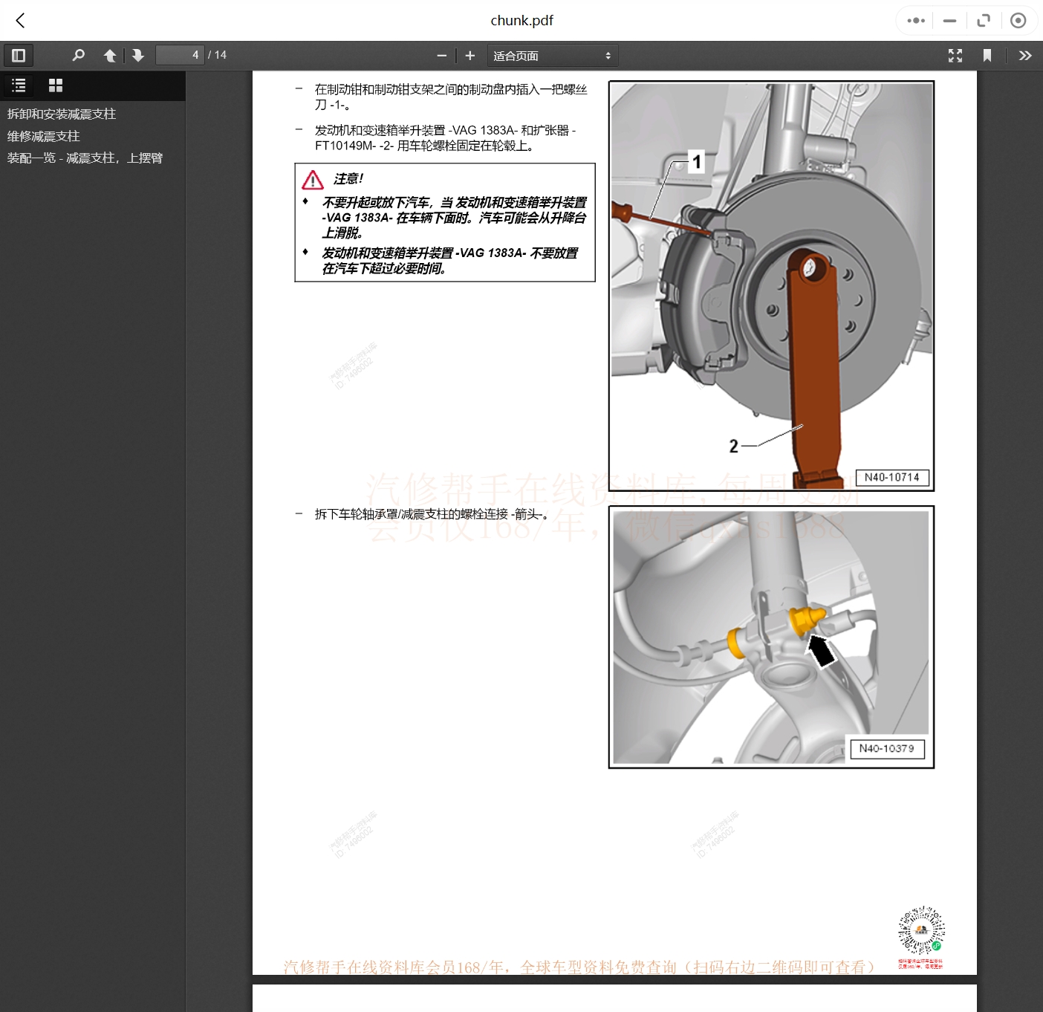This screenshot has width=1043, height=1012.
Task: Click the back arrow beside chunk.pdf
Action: (21, 21)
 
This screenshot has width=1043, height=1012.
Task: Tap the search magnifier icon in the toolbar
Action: (78, 55)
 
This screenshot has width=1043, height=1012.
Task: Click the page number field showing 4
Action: (179, 55)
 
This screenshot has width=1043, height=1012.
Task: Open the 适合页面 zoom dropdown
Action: (552, 56)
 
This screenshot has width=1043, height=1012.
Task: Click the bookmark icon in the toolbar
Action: (987, 56)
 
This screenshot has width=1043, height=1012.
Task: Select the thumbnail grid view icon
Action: (56, 85)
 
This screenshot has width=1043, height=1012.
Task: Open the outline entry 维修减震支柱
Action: (44, 136)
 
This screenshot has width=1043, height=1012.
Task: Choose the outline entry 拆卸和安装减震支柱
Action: (62, 114)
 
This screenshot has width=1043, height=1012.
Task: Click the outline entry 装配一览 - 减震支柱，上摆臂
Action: (85, 158)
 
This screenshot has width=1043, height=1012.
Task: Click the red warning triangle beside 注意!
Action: (313, 180)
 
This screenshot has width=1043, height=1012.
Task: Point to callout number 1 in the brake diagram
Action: (696, 161)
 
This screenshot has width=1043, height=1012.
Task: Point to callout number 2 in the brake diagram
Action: (733, 446)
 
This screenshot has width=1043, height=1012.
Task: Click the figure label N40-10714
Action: (891, 477)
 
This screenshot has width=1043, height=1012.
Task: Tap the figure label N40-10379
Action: (886, 748)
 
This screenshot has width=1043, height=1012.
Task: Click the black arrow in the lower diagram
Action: (821, 651)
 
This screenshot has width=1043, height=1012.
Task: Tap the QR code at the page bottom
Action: (921, 930)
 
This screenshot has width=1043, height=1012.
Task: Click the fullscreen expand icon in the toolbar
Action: (955, 56)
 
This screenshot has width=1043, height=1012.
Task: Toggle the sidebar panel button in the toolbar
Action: (19, 55)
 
